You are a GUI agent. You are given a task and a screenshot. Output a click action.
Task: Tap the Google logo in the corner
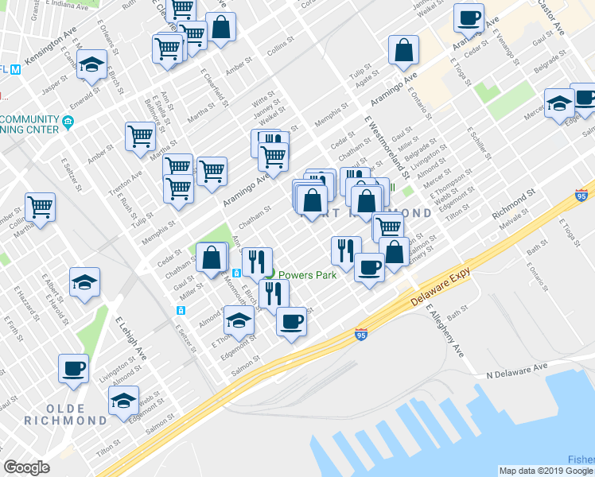26,467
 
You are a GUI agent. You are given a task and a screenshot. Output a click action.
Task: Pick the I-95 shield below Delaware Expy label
361,335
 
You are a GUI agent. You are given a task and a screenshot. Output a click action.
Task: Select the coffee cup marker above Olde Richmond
74,369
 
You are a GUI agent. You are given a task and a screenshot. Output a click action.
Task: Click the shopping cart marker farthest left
41,207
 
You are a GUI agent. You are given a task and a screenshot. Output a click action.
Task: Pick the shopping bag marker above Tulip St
404,50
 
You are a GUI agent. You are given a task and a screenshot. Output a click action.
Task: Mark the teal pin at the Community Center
68,122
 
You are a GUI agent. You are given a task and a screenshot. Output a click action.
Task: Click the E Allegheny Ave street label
443,329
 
